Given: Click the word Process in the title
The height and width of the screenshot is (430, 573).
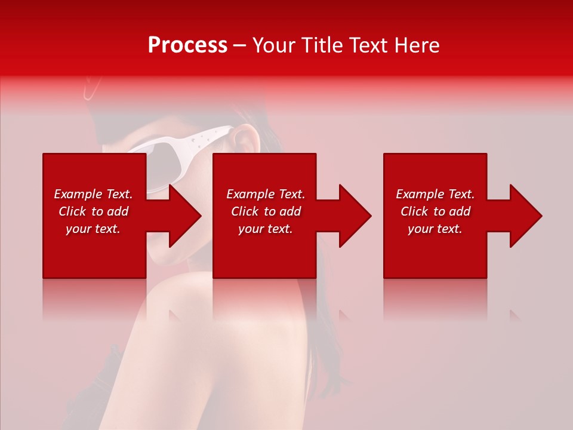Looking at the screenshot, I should click(x=187, y=45).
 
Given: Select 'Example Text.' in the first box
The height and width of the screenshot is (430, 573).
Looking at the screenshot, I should click(x=93, y=194).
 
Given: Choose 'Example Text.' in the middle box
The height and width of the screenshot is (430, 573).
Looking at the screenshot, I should click(x=266, y=194).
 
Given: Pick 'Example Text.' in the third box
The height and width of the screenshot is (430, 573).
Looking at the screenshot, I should click(x=435, y=194).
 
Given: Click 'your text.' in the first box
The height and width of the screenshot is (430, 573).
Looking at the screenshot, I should click(x=93, y=229).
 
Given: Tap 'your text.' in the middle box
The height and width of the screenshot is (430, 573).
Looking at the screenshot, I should click(x=266, y=229).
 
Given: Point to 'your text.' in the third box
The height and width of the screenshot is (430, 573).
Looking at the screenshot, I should click(x=435, y=229).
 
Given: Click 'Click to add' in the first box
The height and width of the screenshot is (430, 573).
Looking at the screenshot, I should click(x=93, y=211).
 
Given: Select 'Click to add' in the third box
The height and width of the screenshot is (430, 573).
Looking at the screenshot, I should click(x=435, y=211).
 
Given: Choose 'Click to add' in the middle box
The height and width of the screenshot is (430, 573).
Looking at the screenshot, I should click(x=266, y=211).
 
